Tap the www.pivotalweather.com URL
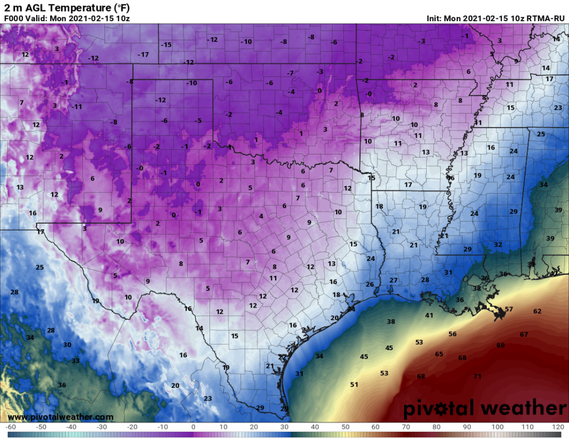[61, 417]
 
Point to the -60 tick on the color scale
[10, 427]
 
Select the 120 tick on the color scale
[558, 427]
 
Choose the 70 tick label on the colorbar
[406, 427]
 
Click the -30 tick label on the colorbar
[102, 427]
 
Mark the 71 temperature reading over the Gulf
[477, 376]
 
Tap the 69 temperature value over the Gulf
[500, 345]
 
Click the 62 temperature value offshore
[537, 311]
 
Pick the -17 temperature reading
[144, 54]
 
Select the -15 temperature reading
[166, 44]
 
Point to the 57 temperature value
[509, 309]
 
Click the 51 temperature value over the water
[354, 385]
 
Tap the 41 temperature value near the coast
[429, 315]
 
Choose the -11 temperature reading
[77, 107]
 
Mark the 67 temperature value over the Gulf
[523, 335]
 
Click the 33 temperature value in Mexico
[75, 361]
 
